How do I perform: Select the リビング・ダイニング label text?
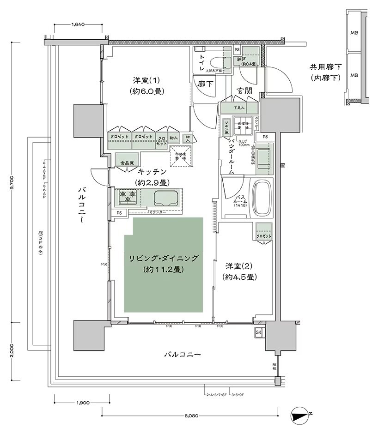[x=164, y=258]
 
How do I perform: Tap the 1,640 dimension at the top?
[x=78, y=24]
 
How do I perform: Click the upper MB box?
[x=354, y=33]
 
